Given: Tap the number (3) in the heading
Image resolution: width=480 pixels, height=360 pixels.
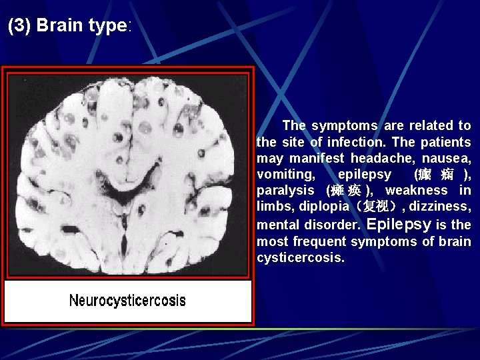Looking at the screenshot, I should click(20, 26).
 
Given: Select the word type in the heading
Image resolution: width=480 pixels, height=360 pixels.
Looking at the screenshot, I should click(107, 26).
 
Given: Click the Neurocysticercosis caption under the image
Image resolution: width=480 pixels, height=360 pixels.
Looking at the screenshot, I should click(127, 301).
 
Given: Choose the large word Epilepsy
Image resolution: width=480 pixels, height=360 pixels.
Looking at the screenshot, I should click(399, 224).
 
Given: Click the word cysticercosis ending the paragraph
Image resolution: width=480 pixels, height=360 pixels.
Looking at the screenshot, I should click(300, 257).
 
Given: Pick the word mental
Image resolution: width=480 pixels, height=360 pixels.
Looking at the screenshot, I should click(277, 225).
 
